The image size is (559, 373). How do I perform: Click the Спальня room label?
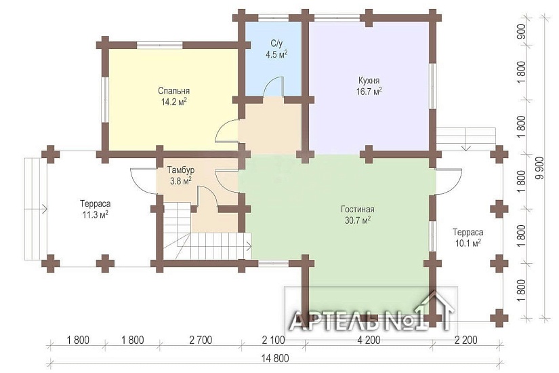173,91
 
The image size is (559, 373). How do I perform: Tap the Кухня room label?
369,80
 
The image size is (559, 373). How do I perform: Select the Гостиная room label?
358,209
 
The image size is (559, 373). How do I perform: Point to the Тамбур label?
181,170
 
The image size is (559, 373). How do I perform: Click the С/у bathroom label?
276,43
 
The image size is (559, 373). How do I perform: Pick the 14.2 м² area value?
174,102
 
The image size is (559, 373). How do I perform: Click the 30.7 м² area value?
358,220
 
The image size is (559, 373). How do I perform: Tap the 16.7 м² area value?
369,92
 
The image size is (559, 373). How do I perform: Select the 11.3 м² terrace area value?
96,215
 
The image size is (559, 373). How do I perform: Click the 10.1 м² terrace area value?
468,243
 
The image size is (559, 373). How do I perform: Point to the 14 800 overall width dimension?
275,358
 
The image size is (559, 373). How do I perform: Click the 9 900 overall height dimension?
541,168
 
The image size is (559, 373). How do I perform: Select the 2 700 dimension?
201,340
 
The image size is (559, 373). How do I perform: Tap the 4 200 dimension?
369,340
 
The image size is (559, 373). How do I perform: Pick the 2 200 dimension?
466,340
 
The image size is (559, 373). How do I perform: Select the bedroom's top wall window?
160,45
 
